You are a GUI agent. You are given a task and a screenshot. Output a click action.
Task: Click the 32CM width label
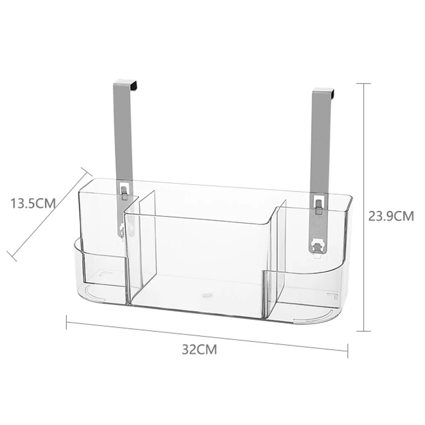tap(199, 349)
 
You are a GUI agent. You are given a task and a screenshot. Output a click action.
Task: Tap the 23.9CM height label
tap(391, 216)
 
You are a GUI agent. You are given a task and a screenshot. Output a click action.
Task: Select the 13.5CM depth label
tap(33, 203)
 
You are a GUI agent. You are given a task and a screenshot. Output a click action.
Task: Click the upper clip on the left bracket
tap(124, 193)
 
